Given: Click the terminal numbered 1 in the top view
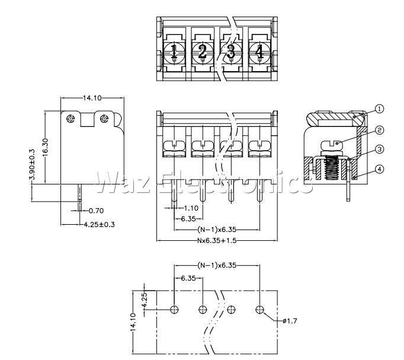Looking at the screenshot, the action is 174,52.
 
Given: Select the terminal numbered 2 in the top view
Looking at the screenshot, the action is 203,52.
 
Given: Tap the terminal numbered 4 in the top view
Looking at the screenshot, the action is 259,52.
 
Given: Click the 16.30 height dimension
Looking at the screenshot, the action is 46,147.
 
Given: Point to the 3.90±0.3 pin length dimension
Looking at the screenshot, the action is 32,164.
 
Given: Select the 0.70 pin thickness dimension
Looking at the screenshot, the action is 96,211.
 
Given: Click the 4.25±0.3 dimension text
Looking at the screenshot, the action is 99,224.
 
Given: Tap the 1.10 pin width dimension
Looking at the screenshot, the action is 191,208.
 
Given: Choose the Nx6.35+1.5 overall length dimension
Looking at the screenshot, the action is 217,241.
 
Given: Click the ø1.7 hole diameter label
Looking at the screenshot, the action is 290,321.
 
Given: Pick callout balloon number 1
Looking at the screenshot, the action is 379,109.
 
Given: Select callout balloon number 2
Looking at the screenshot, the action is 379,130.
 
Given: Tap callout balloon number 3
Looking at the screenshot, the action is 379,149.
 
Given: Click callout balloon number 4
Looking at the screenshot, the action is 379,169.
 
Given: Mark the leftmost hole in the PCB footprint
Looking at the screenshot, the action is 174,309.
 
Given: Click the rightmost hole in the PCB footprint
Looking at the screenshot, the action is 259,309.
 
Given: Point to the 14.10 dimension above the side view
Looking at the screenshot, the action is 92,98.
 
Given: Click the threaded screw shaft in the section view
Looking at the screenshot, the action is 331,168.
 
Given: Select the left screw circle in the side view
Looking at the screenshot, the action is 70,119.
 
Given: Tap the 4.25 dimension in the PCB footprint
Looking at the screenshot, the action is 145,300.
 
